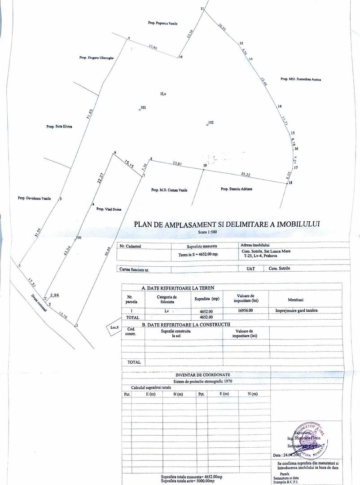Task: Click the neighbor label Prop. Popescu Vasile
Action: click(162, 23)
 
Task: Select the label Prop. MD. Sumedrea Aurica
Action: click(301, 79)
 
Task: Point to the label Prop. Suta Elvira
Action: click(59, 127)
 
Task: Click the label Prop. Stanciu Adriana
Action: click(237, 189)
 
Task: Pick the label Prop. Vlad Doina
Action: click(109, 209)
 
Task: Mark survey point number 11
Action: click(202, 9)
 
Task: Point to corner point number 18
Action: click(290, 183)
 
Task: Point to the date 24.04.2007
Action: click(294, 454)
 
